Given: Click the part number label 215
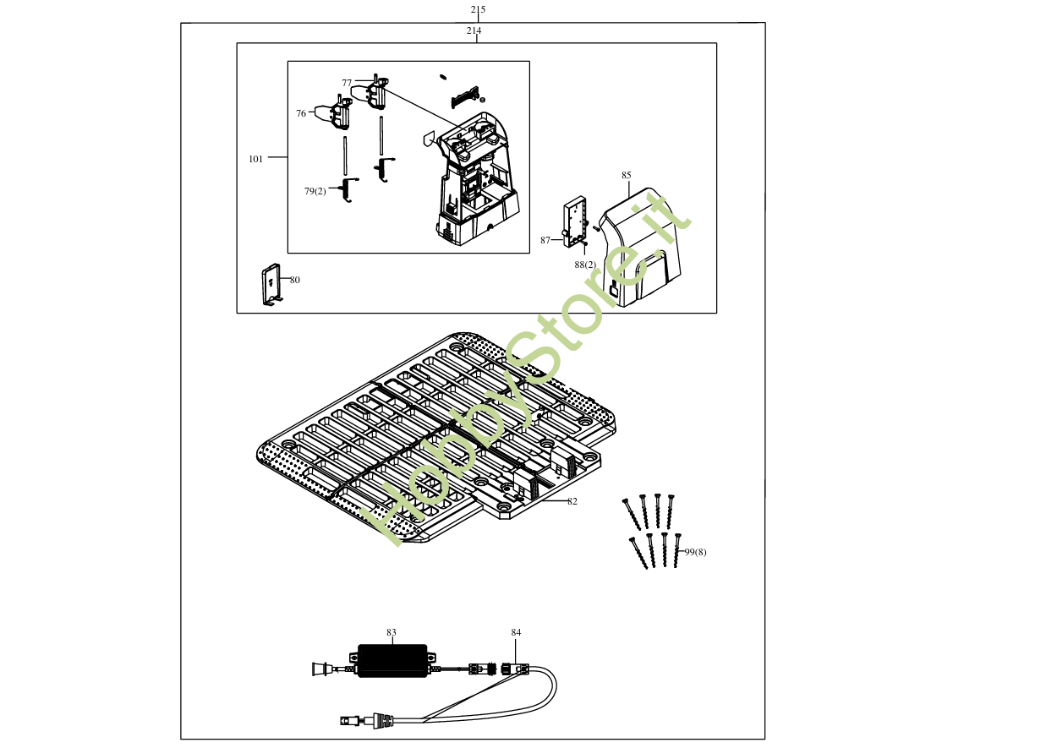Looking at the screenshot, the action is click(x=478, y=10).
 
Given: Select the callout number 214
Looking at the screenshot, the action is click(x=474, y=30).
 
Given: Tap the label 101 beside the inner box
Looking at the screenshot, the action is click(x=255, y=158).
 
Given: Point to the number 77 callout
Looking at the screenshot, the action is click(x=347, y=83).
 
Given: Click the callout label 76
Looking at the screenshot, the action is click(x=301, y=113).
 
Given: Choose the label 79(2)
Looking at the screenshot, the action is click(x=315, y=191).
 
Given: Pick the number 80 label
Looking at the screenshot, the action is click(x=294, y=280).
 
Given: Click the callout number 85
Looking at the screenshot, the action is click(x=626, y=175).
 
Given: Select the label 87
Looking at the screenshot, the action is click(x=545, y=240).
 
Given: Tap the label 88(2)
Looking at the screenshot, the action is click(x=585, y=265).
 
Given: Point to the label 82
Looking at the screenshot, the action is click(x=572, y=501).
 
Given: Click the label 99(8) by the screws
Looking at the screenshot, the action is click(x=695, y=552).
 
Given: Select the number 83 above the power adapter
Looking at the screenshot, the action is click(x=392, y=632).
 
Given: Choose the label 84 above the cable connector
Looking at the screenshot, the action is click(x=516, y=632).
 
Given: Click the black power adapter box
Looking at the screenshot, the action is click(x=392, y=660).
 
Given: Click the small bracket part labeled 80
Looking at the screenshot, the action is click(x=271, y=285).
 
